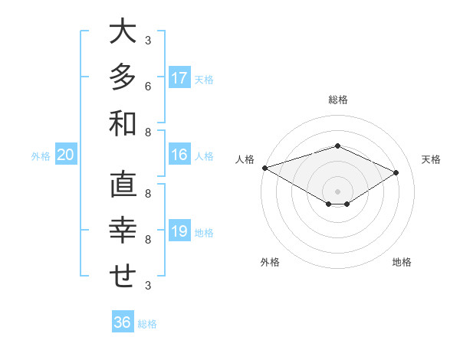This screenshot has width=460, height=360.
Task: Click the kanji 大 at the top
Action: tap(123, 32)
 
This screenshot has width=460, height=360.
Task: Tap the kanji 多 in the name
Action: tap(123, 77)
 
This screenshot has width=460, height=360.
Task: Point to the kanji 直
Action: tap(123, 185)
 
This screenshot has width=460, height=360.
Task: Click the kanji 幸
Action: tap(123, 231)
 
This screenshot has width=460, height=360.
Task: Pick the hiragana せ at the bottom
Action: tap(123, 277)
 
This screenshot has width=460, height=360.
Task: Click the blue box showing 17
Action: tap(179, 78)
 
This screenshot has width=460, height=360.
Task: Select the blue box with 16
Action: tap(179, 155)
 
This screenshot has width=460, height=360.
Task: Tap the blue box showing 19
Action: tap(179, 231)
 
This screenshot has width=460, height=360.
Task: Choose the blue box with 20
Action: tap(65, 155)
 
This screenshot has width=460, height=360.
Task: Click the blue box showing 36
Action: tap(123, 322)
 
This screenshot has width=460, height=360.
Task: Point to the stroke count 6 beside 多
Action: tap(148, 85)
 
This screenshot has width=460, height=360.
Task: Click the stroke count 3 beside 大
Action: tap(148, 40)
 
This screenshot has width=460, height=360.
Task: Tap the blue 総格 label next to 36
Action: tap(147, 324)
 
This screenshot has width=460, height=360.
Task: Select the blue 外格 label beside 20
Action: tap(41, 156)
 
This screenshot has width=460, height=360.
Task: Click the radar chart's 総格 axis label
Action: tap(337, 100)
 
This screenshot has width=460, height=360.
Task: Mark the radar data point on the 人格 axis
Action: tap(264, 168)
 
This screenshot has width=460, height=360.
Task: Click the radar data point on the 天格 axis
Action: tap(396, 172)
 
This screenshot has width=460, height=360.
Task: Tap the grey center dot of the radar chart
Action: tap(337, 191)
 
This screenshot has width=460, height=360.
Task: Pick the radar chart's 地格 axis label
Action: tap(402, 262)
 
